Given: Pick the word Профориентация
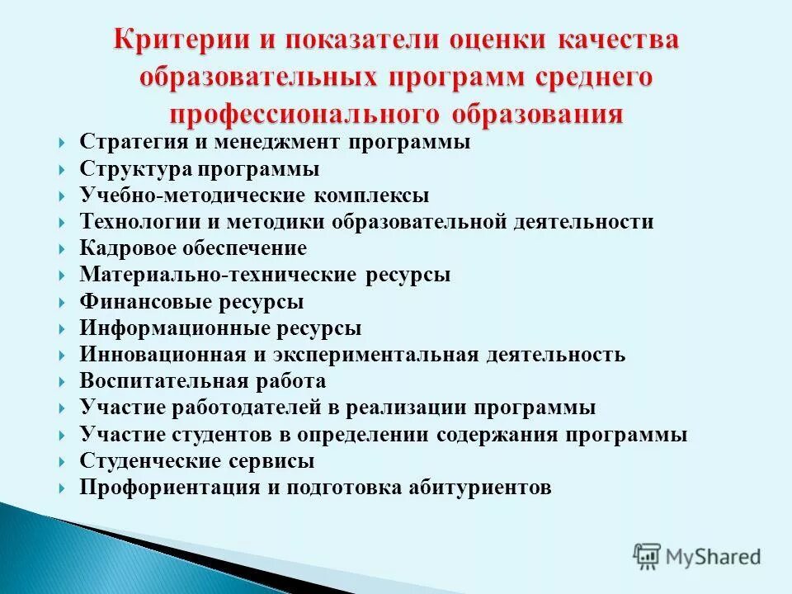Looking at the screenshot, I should pyautogui.click(x=169, y=488).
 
